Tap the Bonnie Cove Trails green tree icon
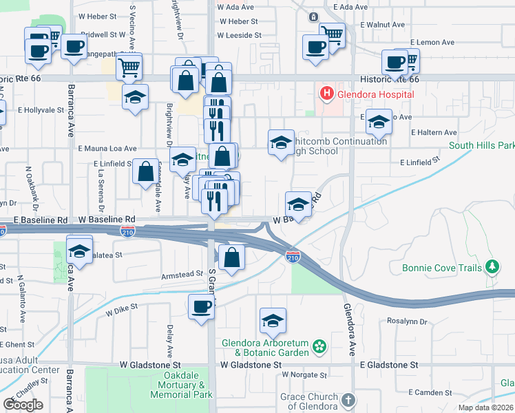coord(492,266)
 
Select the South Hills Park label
coord(481,146)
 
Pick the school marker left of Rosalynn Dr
coord(273,320)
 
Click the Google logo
coord(23,405)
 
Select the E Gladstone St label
coord(389,364)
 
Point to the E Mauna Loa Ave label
coord(107,148)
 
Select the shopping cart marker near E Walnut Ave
coord(333,35)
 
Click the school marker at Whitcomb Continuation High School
coord(281,142)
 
